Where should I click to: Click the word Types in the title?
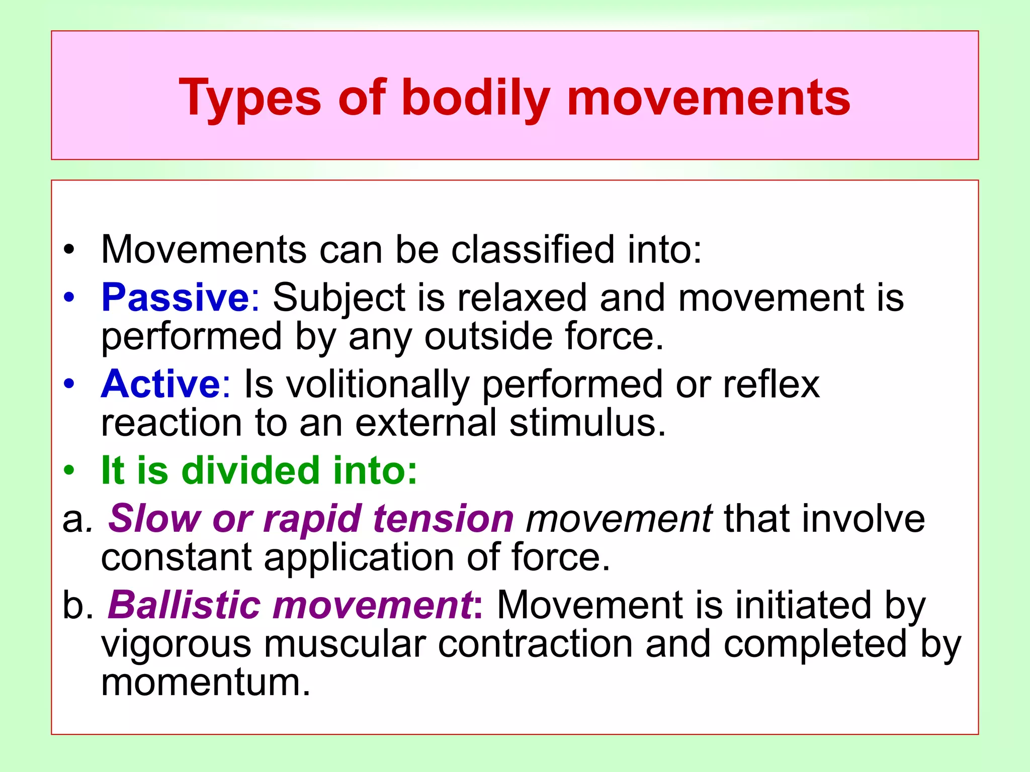(x=250, y=98)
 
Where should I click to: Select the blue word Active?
(x=160, y=384)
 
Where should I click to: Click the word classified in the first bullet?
(x=533, y=249)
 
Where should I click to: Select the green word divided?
(x=250, y=470)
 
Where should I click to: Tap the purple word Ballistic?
(x=184, y=605)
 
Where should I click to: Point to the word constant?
(x=177, y=557)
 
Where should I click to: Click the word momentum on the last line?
(x=206, y=682)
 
